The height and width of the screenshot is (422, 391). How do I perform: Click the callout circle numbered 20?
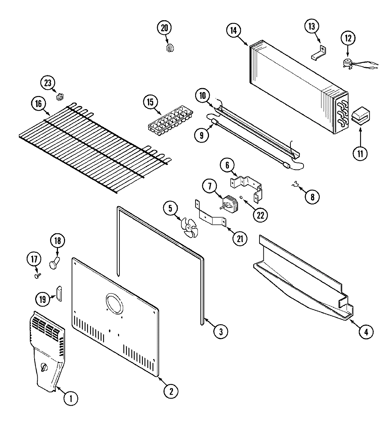pyautogui.click(x=164, y=28)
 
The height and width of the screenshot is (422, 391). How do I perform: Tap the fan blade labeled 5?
pyautogui.click(x=188, y=225)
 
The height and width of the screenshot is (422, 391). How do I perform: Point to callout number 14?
pyautogui.click(x=233, y=30)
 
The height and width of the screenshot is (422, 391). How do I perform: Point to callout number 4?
pyautogui.click(x=366, y=332)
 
